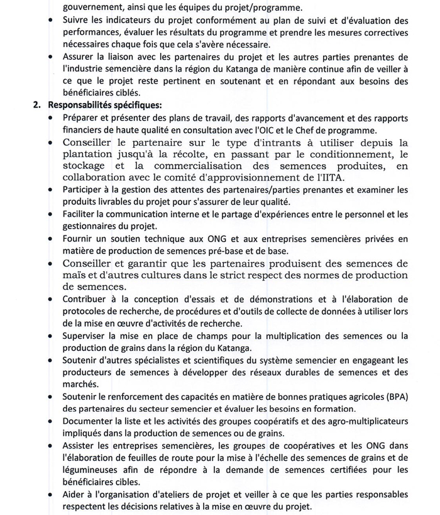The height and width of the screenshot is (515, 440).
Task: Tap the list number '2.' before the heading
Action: (38, 105)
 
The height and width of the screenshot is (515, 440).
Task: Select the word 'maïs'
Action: (74, 275)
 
